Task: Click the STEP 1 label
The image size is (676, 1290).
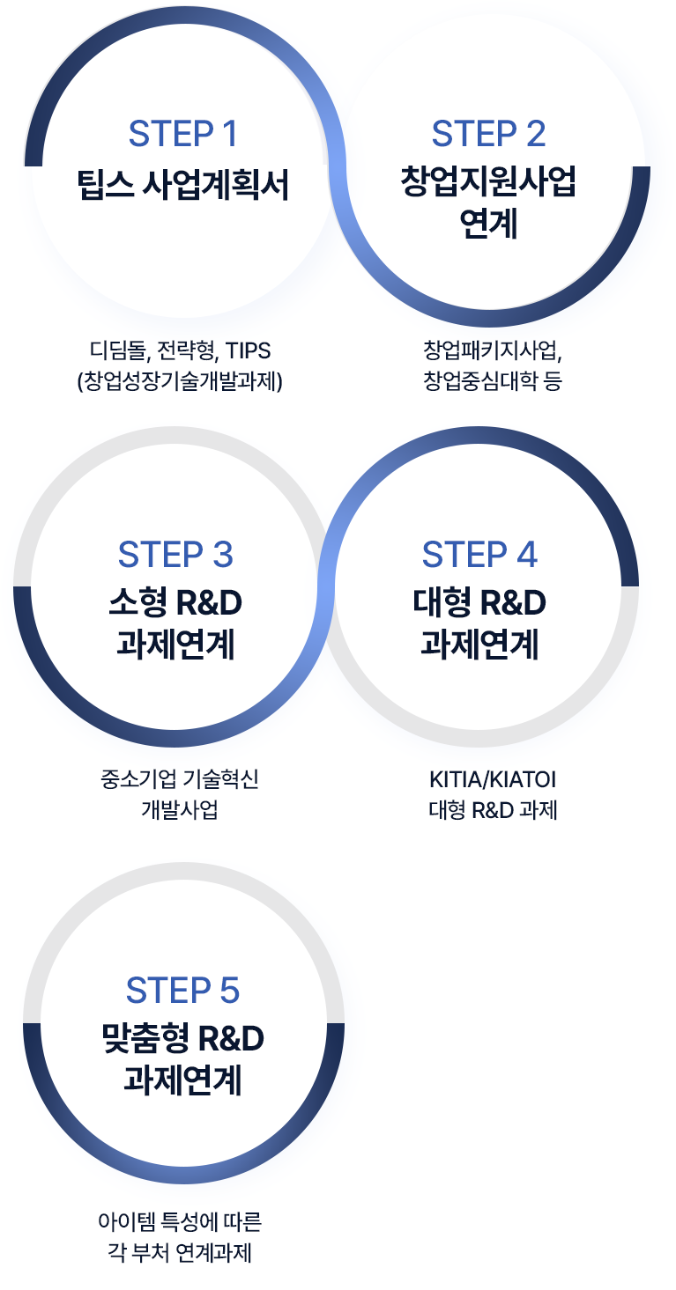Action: pos(183,134)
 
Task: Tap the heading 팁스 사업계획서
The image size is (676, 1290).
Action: pos(183,186)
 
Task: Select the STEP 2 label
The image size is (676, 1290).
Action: pos(488,134)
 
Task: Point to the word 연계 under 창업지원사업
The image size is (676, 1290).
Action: pos(488,225)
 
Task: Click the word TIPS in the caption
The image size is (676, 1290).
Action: pos(248,350)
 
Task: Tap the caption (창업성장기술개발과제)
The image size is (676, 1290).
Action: pos(180,381)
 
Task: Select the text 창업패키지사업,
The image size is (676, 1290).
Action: pos(493,350)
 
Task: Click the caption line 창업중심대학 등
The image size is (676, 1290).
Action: pos(493,381)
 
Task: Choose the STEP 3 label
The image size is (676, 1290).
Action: pos(175,555)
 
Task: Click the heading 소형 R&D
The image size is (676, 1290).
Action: pos(175,603)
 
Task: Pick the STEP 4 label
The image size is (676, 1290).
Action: pos(479,555)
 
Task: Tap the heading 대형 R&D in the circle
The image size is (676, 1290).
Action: pos(479,603)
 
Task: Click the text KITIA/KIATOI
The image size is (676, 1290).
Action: pos(493,779)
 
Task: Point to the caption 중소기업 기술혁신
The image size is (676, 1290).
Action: pos(180,779)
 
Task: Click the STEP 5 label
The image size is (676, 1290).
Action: pos(182,990)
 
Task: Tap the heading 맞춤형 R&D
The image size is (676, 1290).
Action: pos(182,1039)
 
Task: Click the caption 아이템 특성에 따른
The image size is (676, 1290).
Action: pos(180,1222)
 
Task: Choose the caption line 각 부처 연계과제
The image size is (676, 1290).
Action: pos(180,1253)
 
